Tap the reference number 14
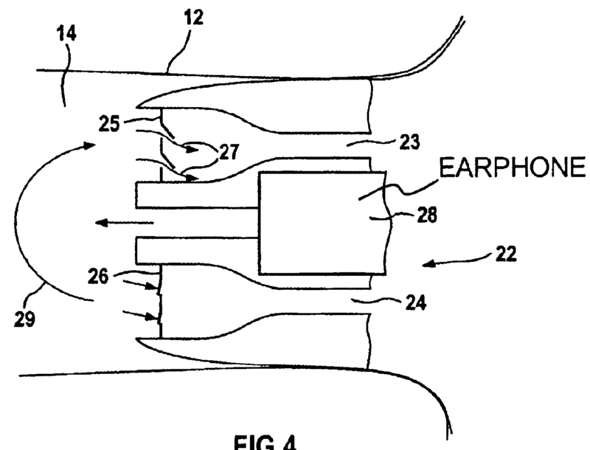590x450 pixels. point(64,34)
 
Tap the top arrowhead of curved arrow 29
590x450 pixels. point(91,148)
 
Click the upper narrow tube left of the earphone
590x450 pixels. point(195,195)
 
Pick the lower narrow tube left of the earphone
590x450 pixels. point(195,249)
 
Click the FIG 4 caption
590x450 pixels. point(281,440)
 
